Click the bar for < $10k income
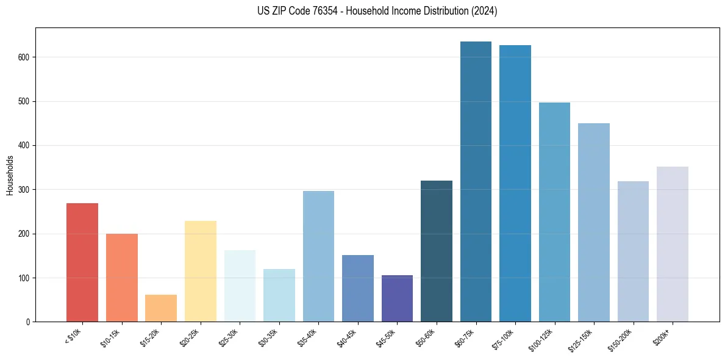point(82,262)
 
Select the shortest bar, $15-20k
point(161,308)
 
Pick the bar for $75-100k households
point(515,184)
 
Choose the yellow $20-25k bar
point(201,272)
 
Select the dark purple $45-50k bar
point(397,298)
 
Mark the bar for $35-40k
point(318,256)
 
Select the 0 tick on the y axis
point(29,322)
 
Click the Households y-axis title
point(10,175)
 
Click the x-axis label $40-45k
point(348,337)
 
